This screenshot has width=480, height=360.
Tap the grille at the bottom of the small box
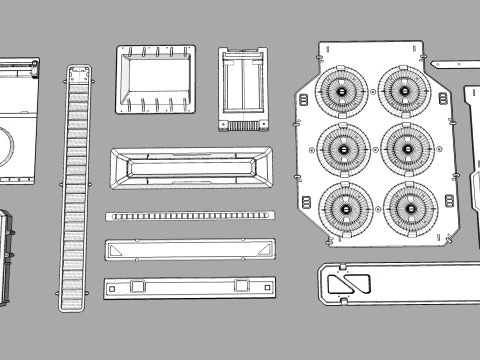coord(244,125)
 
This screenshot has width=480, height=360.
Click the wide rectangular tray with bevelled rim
coord(191,169)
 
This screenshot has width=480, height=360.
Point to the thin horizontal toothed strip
coord(190,216)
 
